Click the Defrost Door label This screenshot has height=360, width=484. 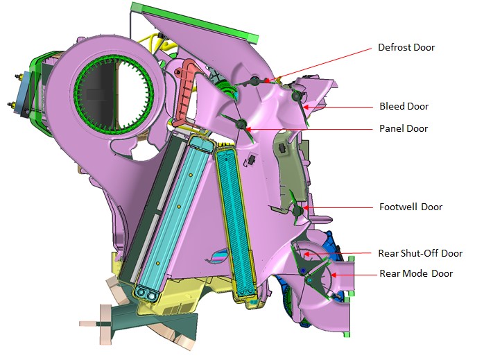(406, 48)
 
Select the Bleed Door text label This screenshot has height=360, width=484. (404, 107)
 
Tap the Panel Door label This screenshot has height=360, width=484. (404, 128)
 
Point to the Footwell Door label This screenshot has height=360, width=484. (410, 207)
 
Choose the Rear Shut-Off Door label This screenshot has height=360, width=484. (420, 253)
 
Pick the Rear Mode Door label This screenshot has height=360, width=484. (416, 273)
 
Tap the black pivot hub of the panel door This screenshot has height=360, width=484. (241, 125)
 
